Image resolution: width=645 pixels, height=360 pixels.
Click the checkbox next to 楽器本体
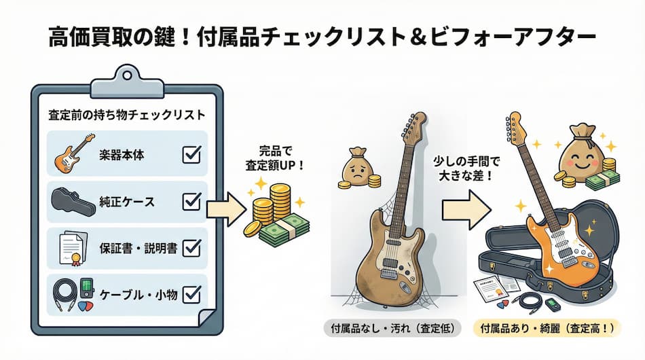[192, 156]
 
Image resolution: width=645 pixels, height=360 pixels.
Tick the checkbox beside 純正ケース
[192, 201]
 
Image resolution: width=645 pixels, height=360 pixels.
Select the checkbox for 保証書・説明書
[192, 247]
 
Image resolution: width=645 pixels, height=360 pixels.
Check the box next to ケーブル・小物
[192, 293]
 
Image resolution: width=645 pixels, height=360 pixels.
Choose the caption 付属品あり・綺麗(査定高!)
[547, 328]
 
